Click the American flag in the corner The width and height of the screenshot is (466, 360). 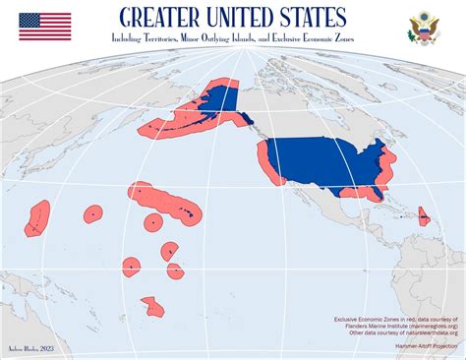point(44,27)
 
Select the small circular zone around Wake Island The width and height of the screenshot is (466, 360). point(92,213)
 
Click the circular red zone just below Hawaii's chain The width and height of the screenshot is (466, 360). point(152,222)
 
